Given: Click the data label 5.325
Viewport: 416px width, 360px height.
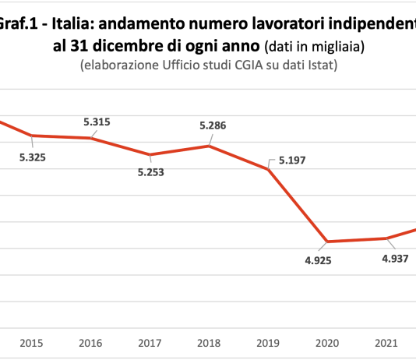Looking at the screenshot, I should point(32,157).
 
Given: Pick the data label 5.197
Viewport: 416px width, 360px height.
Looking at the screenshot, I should point(291,162).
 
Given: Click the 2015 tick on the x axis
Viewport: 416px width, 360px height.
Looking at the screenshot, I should point(32,343).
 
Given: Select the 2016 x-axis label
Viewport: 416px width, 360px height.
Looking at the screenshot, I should point(91,343).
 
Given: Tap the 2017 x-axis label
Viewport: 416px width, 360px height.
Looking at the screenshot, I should point(150,343).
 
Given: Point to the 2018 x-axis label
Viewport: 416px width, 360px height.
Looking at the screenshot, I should point(210,343).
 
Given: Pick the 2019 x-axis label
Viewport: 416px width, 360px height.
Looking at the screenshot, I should point(269,343).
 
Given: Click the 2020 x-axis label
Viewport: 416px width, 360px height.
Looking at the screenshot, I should point(328,343).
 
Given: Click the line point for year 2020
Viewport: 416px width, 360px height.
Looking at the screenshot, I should point(328,242).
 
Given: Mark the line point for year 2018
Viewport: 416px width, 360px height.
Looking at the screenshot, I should point(210,146).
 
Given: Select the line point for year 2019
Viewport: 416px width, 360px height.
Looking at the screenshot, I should point(269,169).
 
